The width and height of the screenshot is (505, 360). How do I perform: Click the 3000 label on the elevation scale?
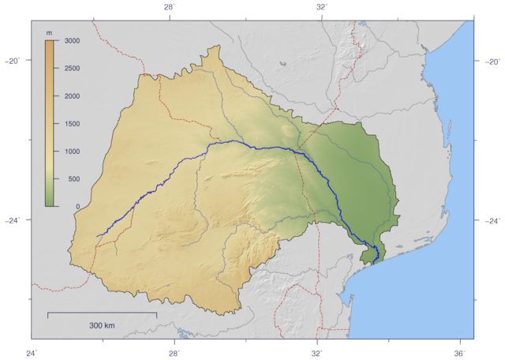click(73, 41)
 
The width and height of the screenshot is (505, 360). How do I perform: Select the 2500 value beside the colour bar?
click(73, 69)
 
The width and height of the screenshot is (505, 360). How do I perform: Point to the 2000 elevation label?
click(73, 96)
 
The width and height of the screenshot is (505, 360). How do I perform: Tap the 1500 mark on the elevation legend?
click(73, 124)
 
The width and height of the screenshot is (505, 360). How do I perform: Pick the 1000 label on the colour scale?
click(73, 152)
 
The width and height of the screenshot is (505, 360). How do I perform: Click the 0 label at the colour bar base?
click(77, 207)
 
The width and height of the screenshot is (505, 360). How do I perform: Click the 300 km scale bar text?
click(102, 325)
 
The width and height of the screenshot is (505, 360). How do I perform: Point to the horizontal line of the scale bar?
click(102, 313)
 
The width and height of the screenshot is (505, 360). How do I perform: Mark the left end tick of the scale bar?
click(48, 315)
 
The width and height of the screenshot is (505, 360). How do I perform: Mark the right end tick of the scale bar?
click(156, 315)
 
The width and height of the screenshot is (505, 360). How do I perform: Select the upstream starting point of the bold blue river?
click(96, 236)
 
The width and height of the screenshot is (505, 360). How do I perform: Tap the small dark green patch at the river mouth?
click(368, 253)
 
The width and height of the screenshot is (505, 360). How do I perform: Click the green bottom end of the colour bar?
click(49, 204)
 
